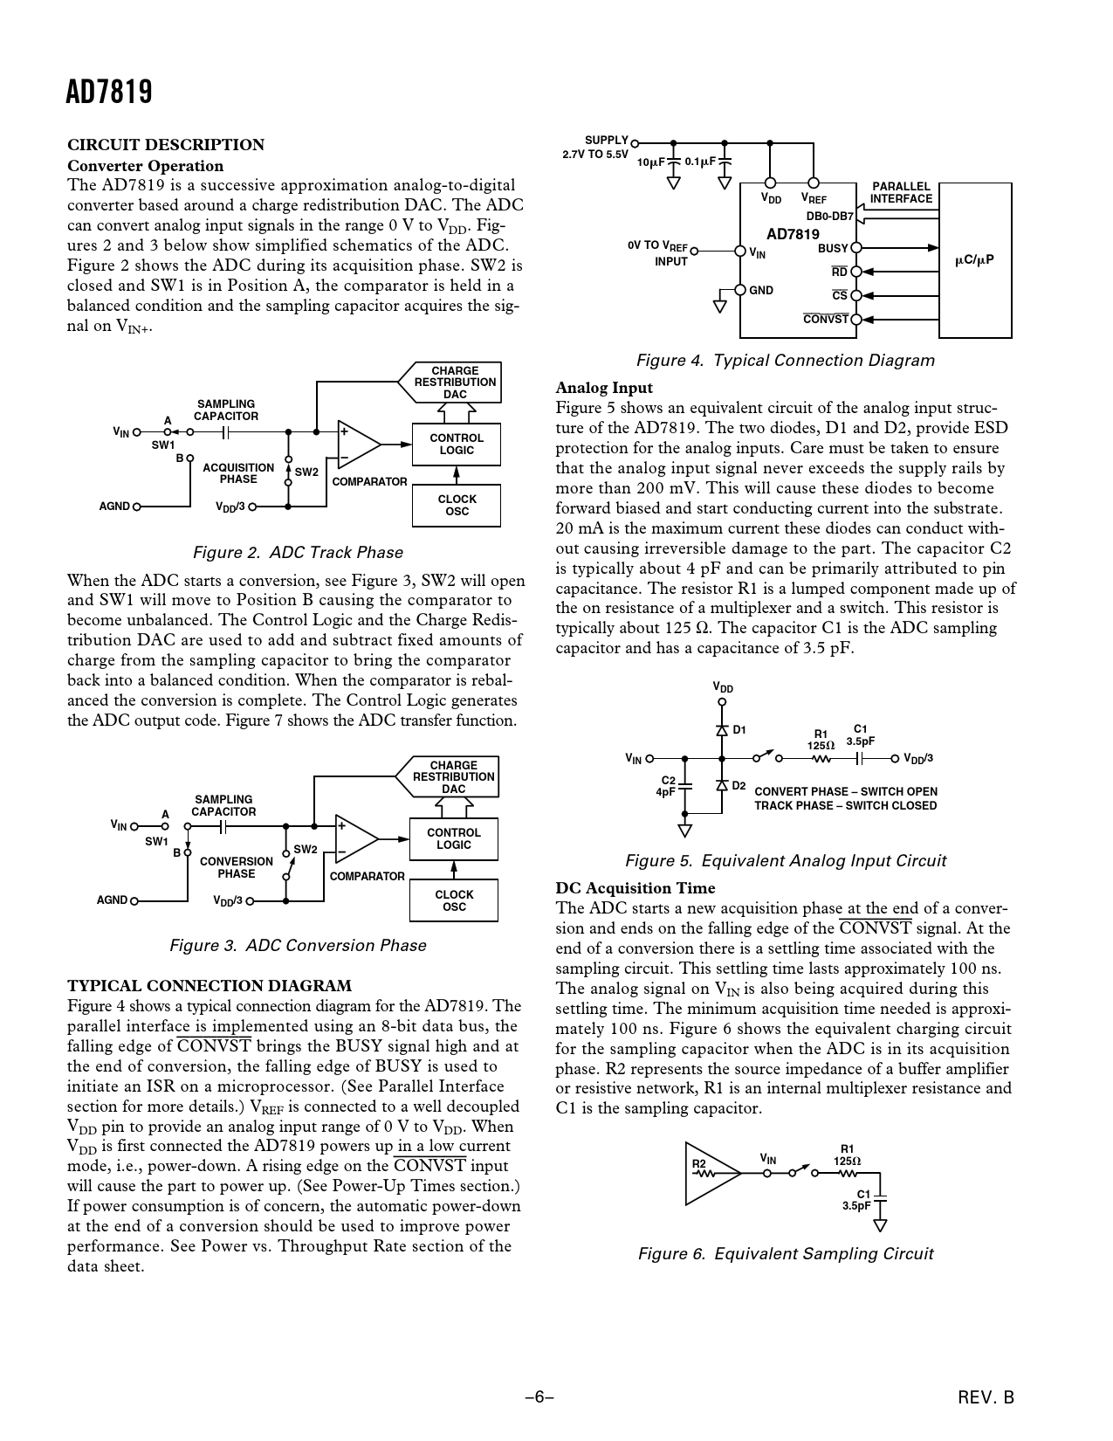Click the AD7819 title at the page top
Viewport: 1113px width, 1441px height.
pos(110,92)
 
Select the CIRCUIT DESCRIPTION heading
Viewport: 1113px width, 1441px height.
pos(166,145)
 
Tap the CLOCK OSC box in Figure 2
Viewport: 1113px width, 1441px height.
pos(457,506)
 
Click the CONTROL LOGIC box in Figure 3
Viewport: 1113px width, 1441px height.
pos(453,838)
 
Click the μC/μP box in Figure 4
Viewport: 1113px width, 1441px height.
pos(974,260)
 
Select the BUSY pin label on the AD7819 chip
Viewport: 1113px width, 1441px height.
pos(832,249)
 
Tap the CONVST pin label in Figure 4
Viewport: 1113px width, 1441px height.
pos(826,319)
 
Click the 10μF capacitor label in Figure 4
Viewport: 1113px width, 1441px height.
pos(650,162)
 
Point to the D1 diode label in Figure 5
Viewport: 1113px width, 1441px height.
pos(739,729)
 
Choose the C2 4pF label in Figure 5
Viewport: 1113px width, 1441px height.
pos(667,786)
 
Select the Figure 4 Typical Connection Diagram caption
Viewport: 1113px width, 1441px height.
pos(785,361)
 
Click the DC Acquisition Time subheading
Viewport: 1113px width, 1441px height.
pos(635,888)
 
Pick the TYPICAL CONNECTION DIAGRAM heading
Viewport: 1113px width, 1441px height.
pos(210,986)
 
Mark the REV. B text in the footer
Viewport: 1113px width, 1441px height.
pos(986,1397)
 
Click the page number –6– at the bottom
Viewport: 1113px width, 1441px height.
pos(539,1397)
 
